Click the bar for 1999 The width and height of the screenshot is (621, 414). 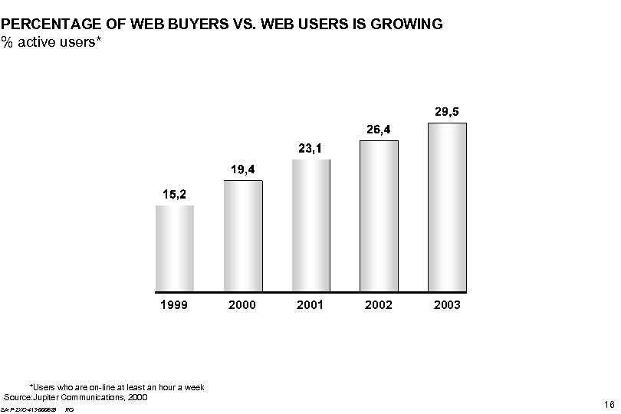point(175,248)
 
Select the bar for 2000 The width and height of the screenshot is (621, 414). point(243,236)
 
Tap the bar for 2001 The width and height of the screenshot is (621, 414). point(311,225)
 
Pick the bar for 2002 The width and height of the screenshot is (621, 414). point(379,216)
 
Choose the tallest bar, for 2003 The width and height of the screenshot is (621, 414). point(447,207)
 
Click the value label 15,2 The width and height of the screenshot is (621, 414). point(174,195)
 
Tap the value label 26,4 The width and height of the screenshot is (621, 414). point(379,130)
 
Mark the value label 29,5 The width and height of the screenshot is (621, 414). point(447,112)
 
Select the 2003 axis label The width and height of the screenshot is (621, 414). point(447,305)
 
